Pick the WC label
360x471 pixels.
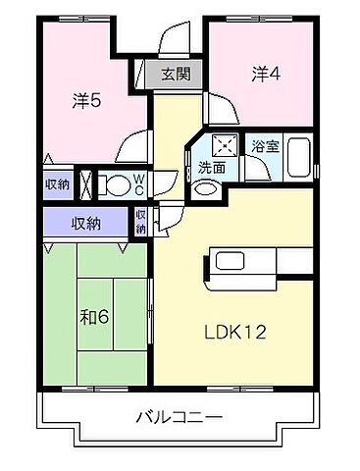click(139, 183)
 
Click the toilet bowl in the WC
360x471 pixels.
click(115, 183)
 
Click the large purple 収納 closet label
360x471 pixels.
click(85, 223)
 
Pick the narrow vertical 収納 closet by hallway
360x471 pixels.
click(141, 223)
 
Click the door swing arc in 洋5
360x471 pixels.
click(129, 149)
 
